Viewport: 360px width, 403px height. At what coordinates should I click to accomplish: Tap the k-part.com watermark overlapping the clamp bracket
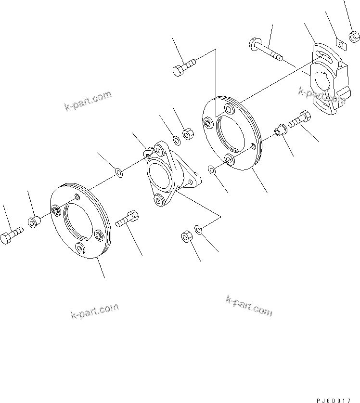321,96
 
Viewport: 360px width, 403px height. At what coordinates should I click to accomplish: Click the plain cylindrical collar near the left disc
34,223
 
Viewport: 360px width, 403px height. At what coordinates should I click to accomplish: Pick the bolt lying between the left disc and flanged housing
128,221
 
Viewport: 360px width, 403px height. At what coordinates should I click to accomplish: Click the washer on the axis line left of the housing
118,172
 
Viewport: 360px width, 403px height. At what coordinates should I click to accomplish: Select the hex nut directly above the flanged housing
188,135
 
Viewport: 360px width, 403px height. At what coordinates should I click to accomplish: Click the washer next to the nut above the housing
177,140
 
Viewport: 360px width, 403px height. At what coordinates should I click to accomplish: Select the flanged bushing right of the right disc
280,130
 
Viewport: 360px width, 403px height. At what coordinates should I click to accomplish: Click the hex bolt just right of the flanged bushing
301,119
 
